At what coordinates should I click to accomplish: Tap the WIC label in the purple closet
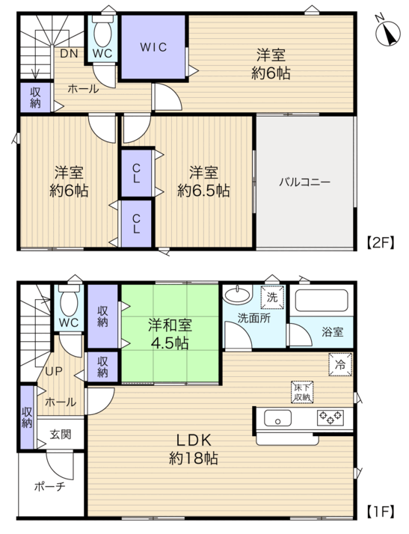(x=153, y=47)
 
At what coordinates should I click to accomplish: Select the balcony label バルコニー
(x=305, y=182)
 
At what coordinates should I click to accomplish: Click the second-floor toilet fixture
(x=102, y=31)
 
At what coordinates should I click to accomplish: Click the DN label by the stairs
(x=69, y=53)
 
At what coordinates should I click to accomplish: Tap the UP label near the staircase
(x=55, y=371)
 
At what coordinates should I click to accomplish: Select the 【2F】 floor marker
(x=381, y=242)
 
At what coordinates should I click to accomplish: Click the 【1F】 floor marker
(x=381, y=511)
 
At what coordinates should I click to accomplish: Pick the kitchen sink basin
(x=278, y=418)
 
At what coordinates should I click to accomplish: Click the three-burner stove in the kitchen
(x=330, y=418)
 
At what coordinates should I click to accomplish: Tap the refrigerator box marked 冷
(x=340, y=365)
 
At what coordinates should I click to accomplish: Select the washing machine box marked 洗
(x=272, y=298)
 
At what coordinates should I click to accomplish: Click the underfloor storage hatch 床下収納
(x=302, y=392)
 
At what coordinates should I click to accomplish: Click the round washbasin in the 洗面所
(x=237, y=294)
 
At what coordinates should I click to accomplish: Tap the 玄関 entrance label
(x=61, y=435)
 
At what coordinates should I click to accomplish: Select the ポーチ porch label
(x=49, y=487)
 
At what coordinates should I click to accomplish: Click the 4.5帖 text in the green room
(x=170, y=343)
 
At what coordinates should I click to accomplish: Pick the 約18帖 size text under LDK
(x=194, y=459)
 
